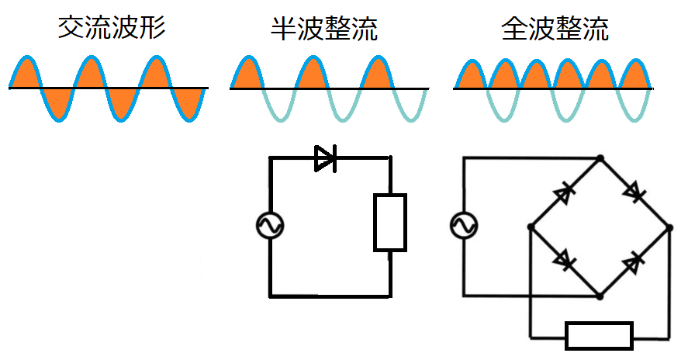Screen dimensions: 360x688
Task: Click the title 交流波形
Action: [x=112, y=29]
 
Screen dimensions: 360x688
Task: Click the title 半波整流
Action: [x=324, y=29]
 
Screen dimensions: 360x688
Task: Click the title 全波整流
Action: [x=554, y=29]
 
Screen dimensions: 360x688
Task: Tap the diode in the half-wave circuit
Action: [x=324, y=158]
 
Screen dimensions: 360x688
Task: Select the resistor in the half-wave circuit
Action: [x=389, y=223]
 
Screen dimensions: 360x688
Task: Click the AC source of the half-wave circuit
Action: [x=270, y=226]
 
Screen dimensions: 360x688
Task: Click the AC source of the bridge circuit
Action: [x=464, y=226]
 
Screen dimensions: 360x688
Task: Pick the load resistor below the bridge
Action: [x=599, y=336]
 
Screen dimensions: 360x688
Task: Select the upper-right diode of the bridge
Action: [x=635, y=191]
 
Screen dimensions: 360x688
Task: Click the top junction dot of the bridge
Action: [x=600, y=158]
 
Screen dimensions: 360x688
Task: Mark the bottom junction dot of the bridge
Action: [x=600, y=296]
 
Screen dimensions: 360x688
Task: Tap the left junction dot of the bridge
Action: [x=530, y=227]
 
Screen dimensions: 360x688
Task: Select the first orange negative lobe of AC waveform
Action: [x=57, y=102]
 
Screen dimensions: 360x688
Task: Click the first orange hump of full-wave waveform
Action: [x=468, y=77]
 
